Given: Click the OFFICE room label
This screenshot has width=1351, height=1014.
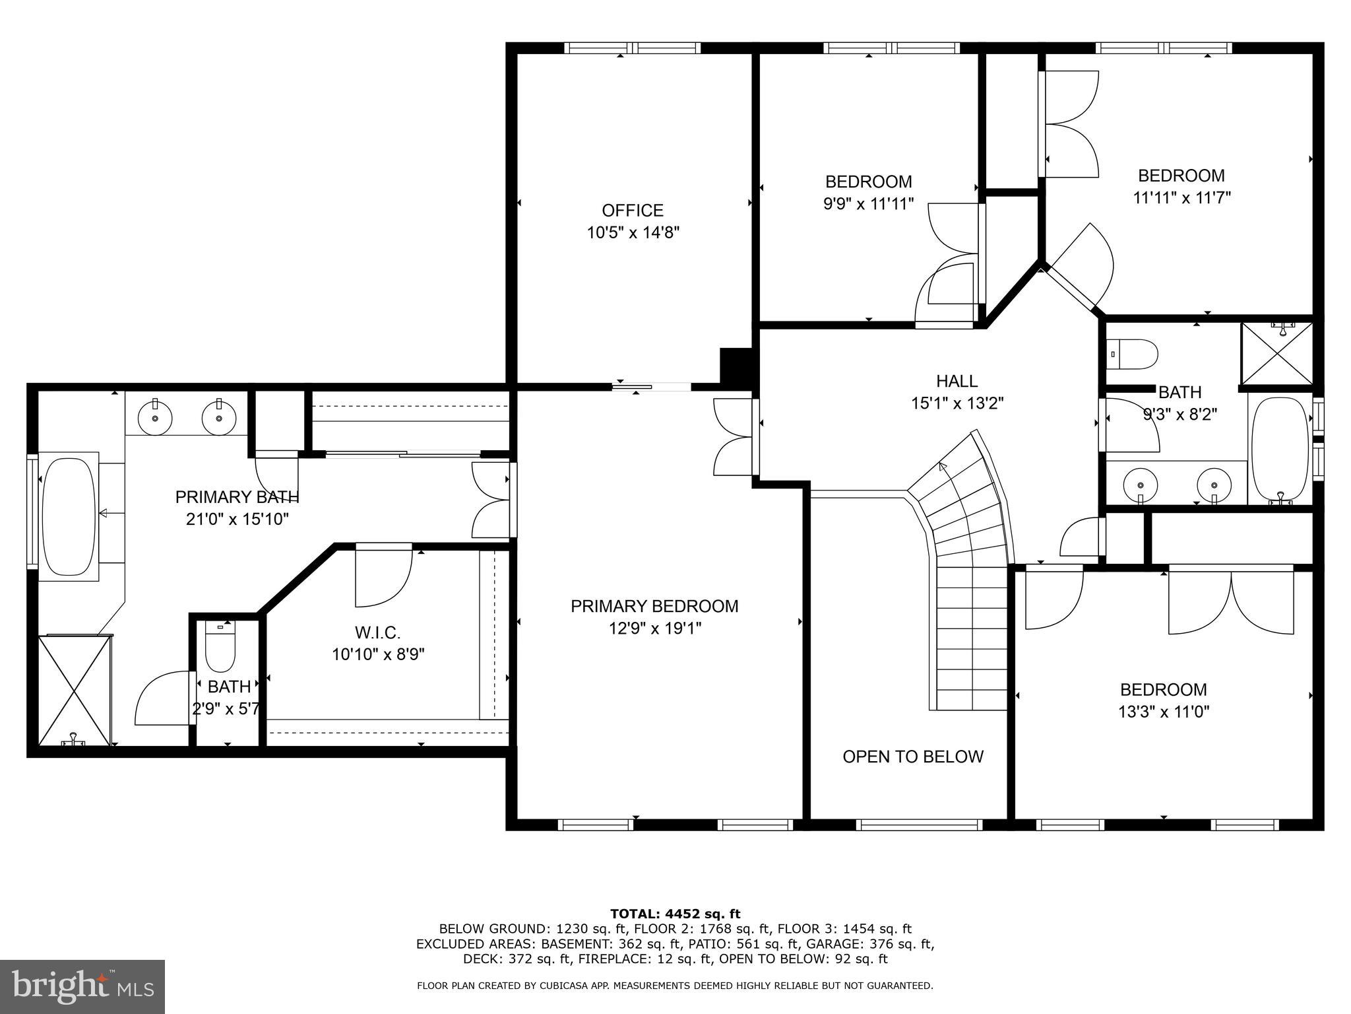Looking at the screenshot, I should click(x=632, y=211).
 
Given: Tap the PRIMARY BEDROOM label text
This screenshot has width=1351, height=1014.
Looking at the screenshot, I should click(x=654, y=606).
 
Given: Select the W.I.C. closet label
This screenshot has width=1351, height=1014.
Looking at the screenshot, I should click(x=377, y=632).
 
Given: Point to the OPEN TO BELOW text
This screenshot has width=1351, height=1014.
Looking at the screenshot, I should click(x=912, y=757).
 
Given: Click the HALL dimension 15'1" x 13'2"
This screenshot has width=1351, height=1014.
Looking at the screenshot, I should click(x=957, y=403).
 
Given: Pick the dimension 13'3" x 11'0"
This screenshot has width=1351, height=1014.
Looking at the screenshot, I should click(x=1164, y=712).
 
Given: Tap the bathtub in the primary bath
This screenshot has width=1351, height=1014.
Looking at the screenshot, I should click(x=67, y=516).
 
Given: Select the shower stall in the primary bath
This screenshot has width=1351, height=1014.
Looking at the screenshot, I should click(x=73, y=690).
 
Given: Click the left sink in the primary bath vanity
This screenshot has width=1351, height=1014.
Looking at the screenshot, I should click(x=155, y=417).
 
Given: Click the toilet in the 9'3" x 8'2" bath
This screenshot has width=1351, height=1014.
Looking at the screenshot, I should click(x=1133, y=355).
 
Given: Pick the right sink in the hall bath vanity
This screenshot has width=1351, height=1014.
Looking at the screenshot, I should click(x=1214, y=484).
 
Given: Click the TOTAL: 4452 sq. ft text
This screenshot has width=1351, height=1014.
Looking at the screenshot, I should click(x=675, y=914).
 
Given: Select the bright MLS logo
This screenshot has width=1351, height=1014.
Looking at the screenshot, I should click(x=82, y=986).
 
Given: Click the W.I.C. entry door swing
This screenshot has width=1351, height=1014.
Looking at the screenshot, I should click(x=383, y=576).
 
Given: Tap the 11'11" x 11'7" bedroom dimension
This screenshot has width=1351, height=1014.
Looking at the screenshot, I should click(x=1181, y=197).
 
